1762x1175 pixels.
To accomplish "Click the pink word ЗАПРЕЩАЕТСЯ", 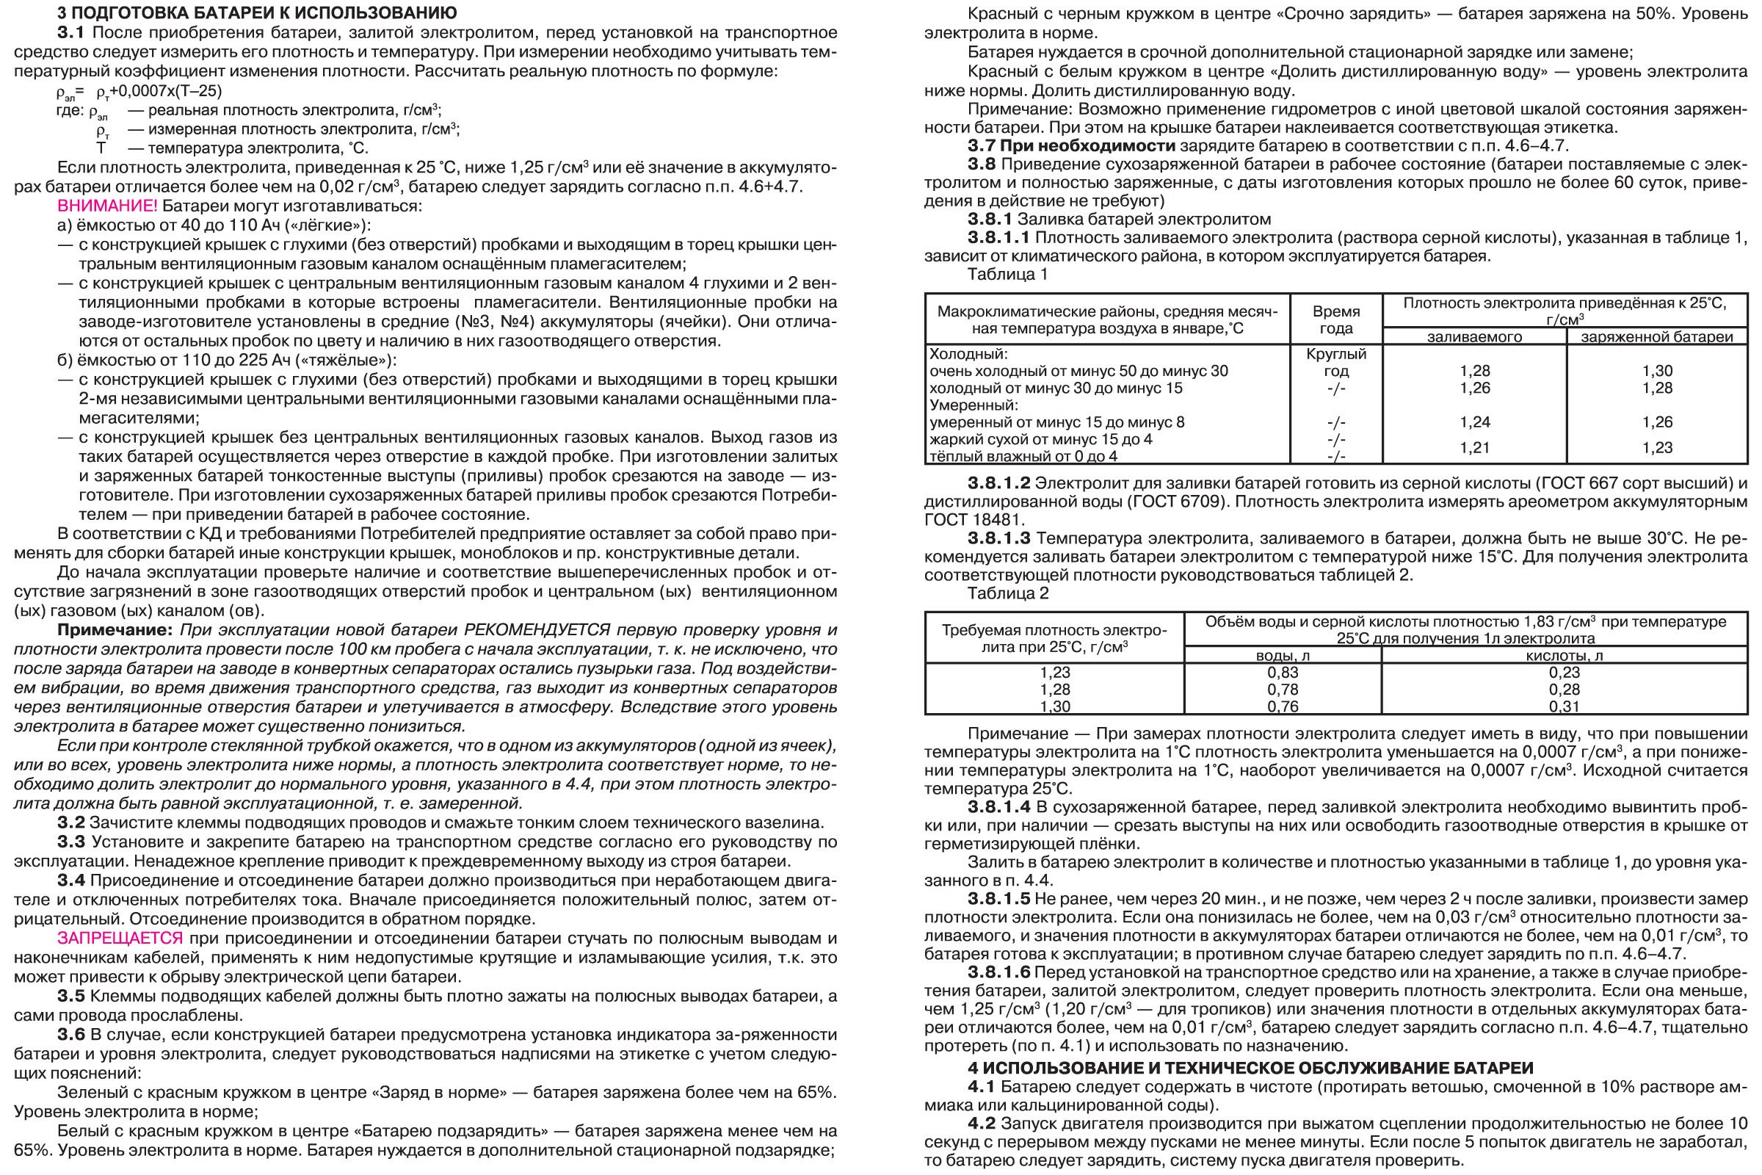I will (120, 939).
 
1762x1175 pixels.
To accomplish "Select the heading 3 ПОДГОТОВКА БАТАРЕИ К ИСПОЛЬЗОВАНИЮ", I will (257, 12).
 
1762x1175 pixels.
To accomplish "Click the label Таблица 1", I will (1007, 274).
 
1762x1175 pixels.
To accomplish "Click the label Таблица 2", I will (1007, 593).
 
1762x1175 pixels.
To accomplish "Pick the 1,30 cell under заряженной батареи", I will (1657, 371).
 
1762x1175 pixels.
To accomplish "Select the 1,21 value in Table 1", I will (1474, 447).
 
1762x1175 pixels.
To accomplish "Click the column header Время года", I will (1336, 319).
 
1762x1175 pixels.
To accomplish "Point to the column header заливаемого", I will (1474, 337).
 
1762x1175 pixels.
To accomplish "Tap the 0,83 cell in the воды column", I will (1283, 672).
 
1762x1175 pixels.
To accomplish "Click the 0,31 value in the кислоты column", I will (1565, 706).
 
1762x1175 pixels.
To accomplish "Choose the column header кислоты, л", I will (1565, 656).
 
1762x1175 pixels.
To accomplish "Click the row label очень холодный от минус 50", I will (1078, 371).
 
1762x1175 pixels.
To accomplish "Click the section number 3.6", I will (71, 1035).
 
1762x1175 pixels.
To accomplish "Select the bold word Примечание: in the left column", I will (115, 630).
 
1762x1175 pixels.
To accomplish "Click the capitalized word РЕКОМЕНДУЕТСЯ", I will (537, 630).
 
